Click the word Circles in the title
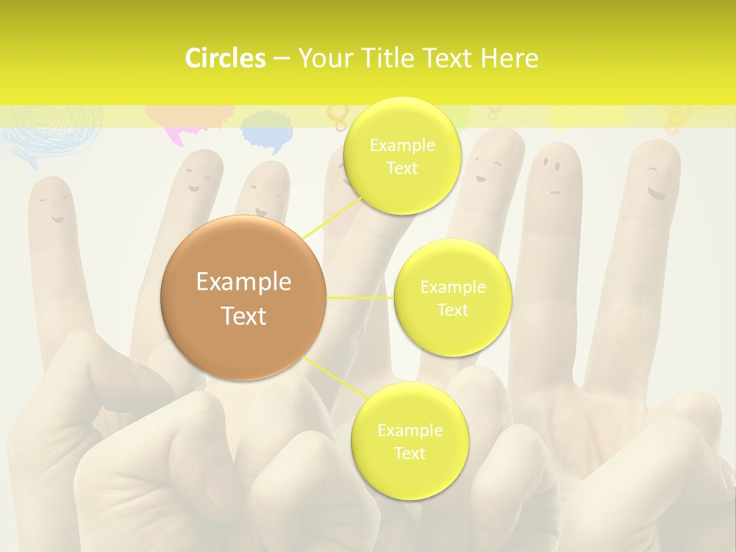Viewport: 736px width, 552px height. click(x=225, y=58)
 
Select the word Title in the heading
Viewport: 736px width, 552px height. click(x=393, y=58)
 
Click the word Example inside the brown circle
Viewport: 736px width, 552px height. click(x=244, y=282)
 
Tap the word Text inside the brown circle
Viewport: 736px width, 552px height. click(x=244, y=316)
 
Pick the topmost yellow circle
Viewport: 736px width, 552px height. click(x=402, y=156)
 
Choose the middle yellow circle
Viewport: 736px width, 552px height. click(x=453, y=297)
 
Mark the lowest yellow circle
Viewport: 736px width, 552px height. click(x=409, y=441)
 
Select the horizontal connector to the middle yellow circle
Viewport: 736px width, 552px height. click(x=360, y=297)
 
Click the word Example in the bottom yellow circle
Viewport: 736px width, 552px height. click(x=409, y=431)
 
